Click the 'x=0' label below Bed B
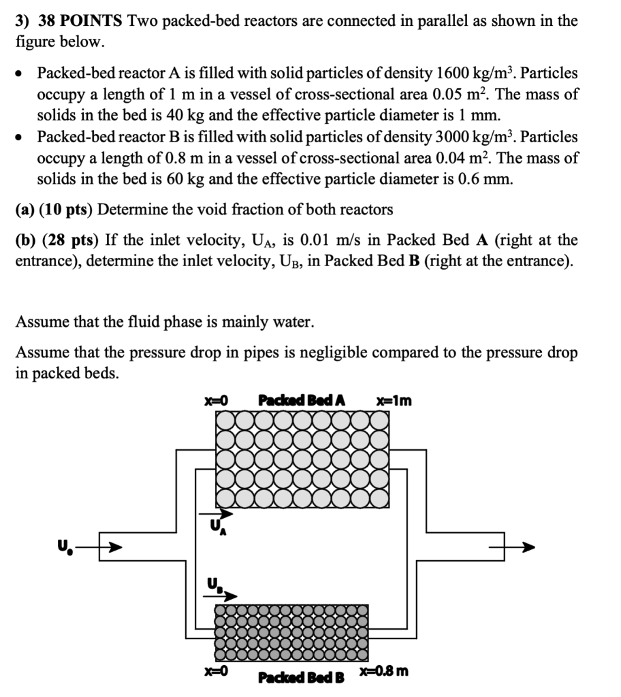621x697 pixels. tap(214, 671)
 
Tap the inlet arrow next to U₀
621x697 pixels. tap(112, 547)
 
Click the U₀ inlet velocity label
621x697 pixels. tap(64, 544)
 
